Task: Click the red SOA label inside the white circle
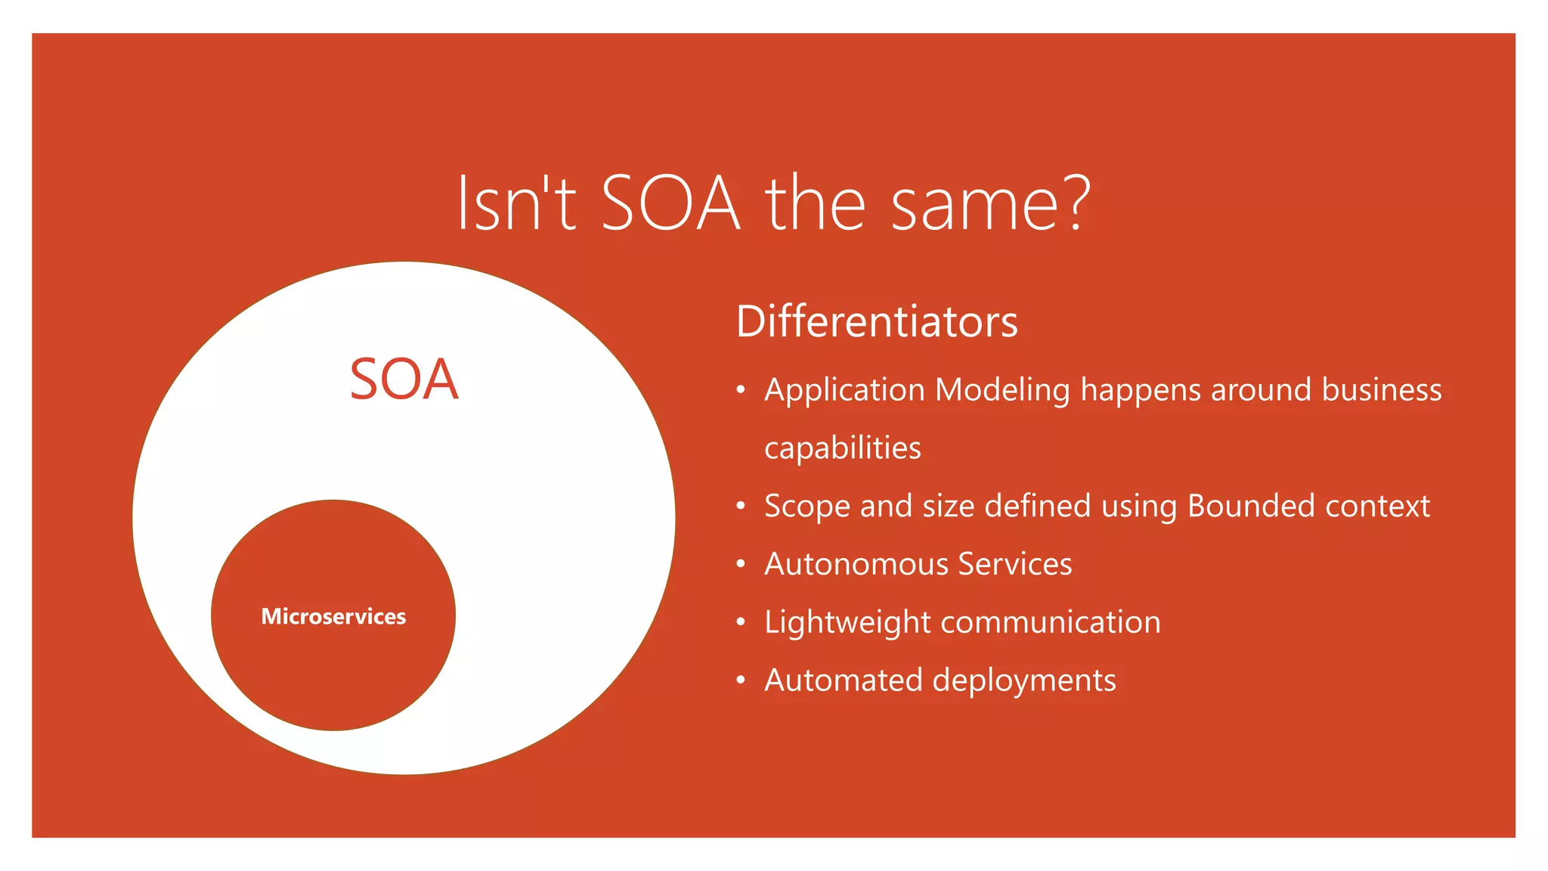click(404, 379)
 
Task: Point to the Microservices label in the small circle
click(333, 616)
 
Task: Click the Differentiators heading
click(877, 321)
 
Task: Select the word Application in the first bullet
click(844, 390)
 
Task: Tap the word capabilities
click(842, 448)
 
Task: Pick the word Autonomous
click(855, 564)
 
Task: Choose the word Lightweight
click(847, 622)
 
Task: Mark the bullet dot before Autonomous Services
click(741, 564)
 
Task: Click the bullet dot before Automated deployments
click(741, 680)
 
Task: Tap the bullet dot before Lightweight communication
click(741, 622)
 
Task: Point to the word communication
click(1051, 622)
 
